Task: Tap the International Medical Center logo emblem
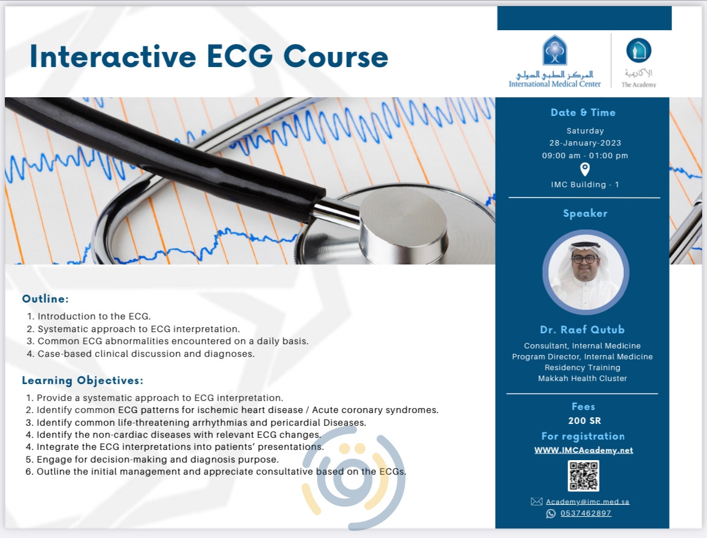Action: point(555,50)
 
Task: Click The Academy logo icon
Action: point(639,51)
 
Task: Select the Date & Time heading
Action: point(583,112)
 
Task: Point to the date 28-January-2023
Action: point(585,143)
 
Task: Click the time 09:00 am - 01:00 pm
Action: point(585,155)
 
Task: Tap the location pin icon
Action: point(585,169)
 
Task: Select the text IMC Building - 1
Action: point(585,185)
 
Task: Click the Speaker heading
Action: point(585,213)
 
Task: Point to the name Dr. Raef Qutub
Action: point(583,329)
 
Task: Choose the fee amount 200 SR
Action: point(584,421)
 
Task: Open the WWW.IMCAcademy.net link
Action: point(584,450)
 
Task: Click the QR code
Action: point(583,475)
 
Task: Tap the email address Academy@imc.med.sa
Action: point(588,502)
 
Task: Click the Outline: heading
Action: point(46,299)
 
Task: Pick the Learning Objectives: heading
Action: point(83,380)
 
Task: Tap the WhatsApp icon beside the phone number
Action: point(550,513)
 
